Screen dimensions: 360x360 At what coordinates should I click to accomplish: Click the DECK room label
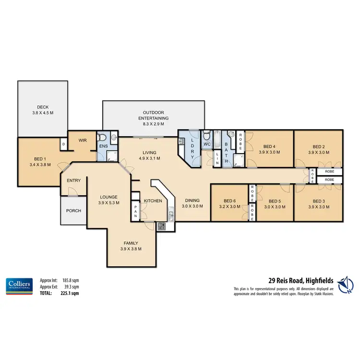click(43, 108)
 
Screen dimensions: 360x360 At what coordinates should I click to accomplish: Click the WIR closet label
click(82, 141)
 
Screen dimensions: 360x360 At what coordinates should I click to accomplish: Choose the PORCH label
click(73, 211)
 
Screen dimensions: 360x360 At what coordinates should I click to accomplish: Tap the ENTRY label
click(74, 180)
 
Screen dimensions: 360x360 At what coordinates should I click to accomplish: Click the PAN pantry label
click(136, 211)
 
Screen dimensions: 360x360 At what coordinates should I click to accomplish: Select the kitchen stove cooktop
click(161, 226)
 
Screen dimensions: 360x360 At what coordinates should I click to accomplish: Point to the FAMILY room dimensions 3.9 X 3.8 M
click(131, 249)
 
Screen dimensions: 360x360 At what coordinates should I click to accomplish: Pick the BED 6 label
click(230, 201)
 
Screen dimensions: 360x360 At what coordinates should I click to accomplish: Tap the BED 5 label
click(275, 201)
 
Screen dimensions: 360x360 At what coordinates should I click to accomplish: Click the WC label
click(207, 144)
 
